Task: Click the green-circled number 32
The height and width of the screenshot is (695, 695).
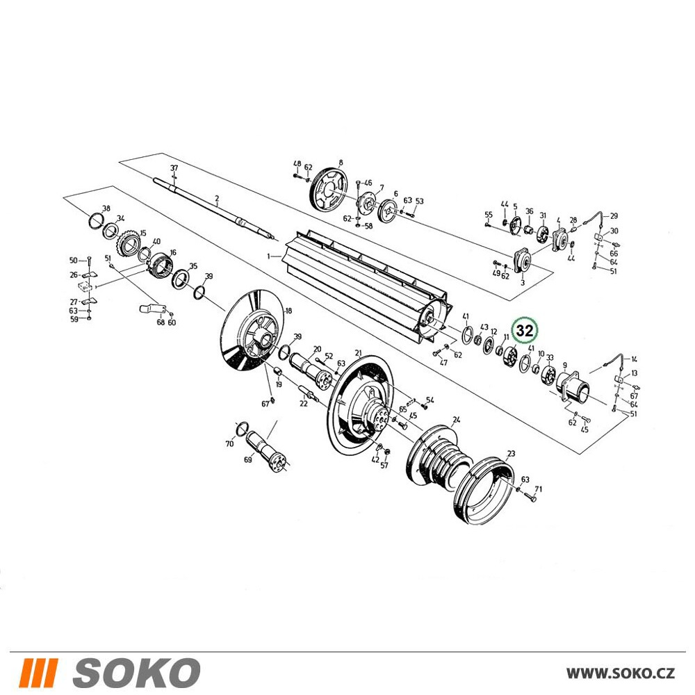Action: coord(524,331)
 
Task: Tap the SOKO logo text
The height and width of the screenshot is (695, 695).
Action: coord(136,672)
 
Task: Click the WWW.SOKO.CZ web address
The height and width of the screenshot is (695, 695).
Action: coord(621,672)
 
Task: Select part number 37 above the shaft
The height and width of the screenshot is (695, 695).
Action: coord(174,168)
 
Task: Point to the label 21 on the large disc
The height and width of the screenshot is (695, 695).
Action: coord(358,353)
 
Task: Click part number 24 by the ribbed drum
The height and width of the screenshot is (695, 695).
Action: coord(457,419)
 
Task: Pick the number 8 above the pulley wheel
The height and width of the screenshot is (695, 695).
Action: coord(341,162)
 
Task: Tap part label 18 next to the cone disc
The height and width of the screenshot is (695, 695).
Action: coord(288,311)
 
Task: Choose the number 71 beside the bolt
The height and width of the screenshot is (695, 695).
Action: coord(539,489)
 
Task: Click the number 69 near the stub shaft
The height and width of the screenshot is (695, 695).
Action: coord(248,459)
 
